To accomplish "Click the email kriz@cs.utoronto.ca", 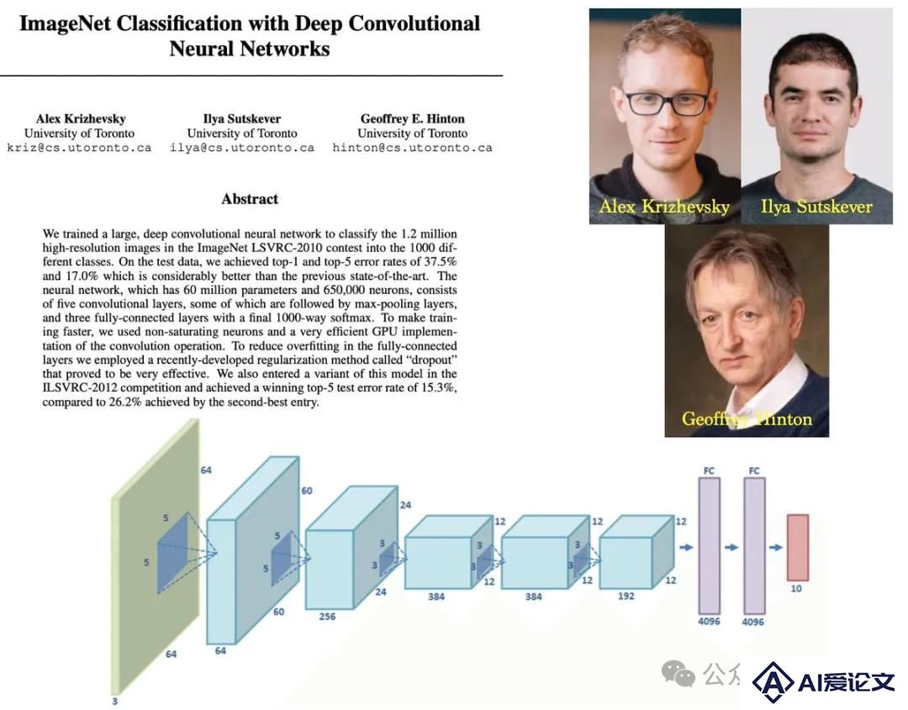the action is coord(79,148).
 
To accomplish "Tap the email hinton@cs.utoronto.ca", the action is coord(412,148).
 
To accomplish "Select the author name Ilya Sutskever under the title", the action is coord(242,119).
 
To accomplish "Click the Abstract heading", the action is coord(250,199).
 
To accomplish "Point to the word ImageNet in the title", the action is coord(65,24).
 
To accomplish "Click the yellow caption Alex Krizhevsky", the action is coord(664,207).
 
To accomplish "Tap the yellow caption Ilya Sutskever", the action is coord(816,207).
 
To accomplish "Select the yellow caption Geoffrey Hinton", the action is coord(747,418).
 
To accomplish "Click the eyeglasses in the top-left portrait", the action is coord(667,103).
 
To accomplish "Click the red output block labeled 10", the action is coord(797,547).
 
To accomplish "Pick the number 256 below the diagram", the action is coord(327,617).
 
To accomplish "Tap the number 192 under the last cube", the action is coord(626,596).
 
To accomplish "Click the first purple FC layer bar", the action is coord(710,545).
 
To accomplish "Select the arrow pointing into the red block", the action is coord(776,547).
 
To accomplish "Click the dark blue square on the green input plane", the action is coord(173,553).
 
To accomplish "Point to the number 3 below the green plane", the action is coord(114,702).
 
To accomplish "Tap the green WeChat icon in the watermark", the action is coord(678,675).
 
